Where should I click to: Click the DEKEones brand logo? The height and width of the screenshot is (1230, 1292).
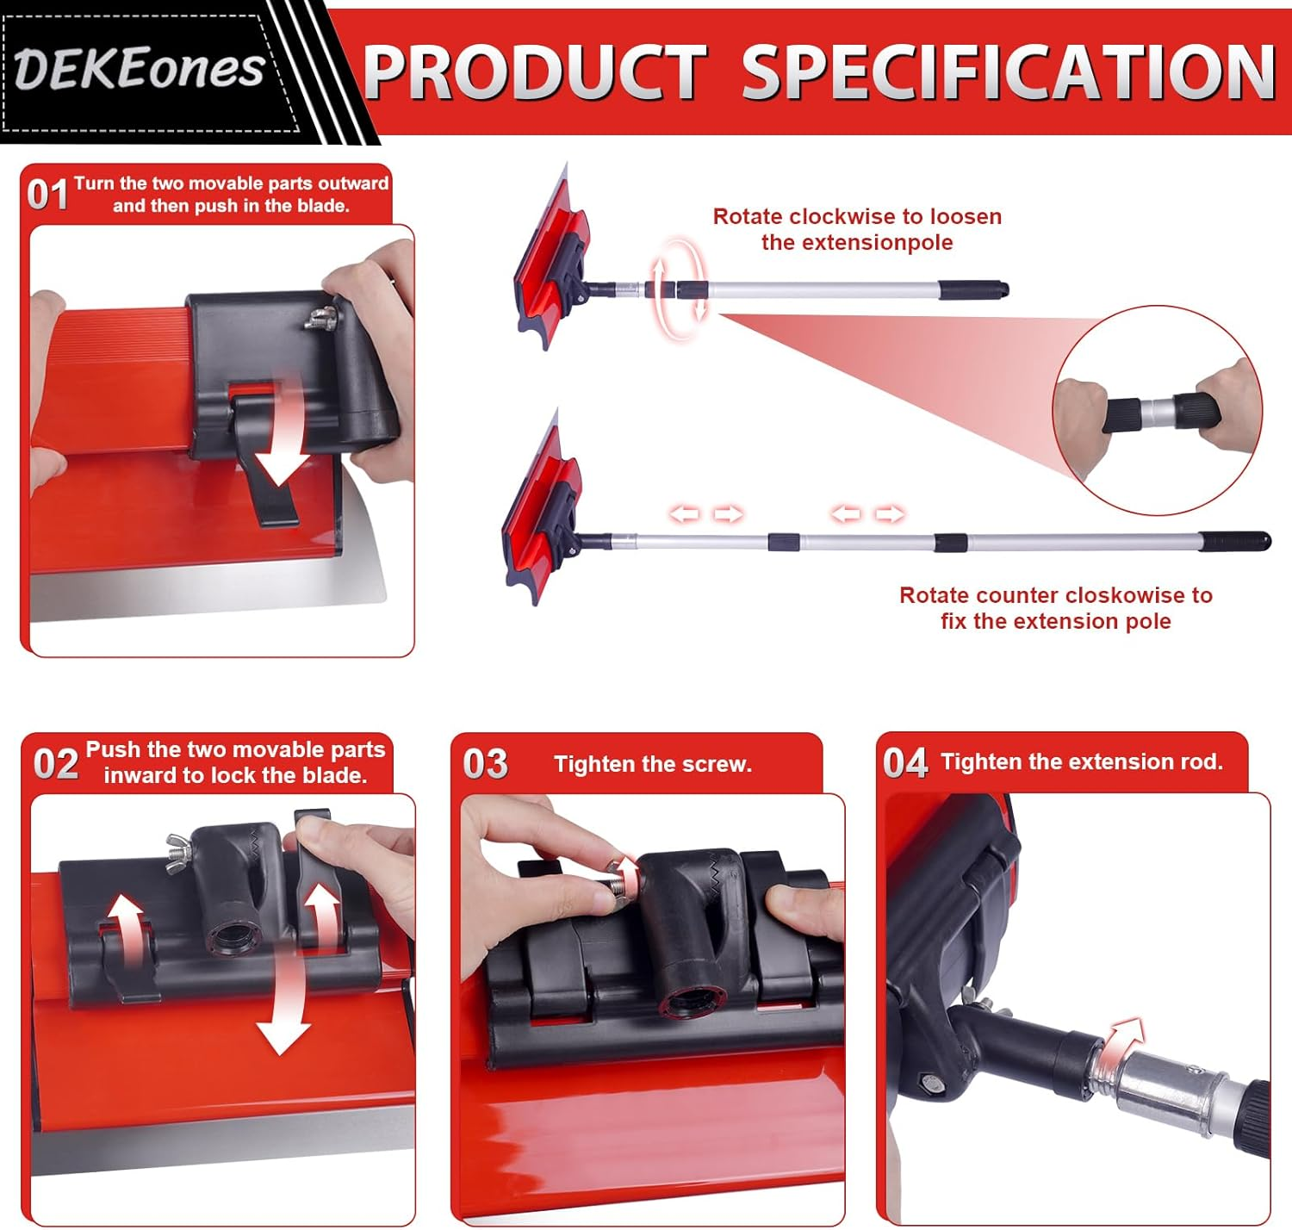pos(139,69)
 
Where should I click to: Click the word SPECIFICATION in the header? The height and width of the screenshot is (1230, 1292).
pos(1008,72)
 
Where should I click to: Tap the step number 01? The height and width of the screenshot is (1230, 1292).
pos(47,195)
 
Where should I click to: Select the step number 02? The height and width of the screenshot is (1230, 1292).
pos(56,764)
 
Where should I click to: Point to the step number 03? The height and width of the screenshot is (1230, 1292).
pos(485,764)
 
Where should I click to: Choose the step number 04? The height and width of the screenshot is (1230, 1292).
pos(905,762)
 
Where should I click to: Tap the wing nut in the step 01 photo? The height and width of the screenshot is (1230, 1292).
pos(322,318)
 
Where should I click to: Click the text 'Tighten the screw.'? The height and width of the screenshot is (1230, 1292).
pos(653,764)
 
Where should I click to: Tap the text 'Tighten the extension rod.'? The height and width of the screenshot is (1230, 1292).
pos(1082,761)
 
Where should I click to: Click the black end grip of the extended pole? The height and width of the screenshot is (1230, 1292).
pos(1234,541)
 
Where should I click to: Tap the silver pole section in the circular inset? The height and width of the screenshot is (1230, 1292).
pos(1157,412)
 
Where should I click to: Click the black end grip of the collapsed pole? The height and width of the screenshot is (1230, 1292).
pos(972,289)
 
